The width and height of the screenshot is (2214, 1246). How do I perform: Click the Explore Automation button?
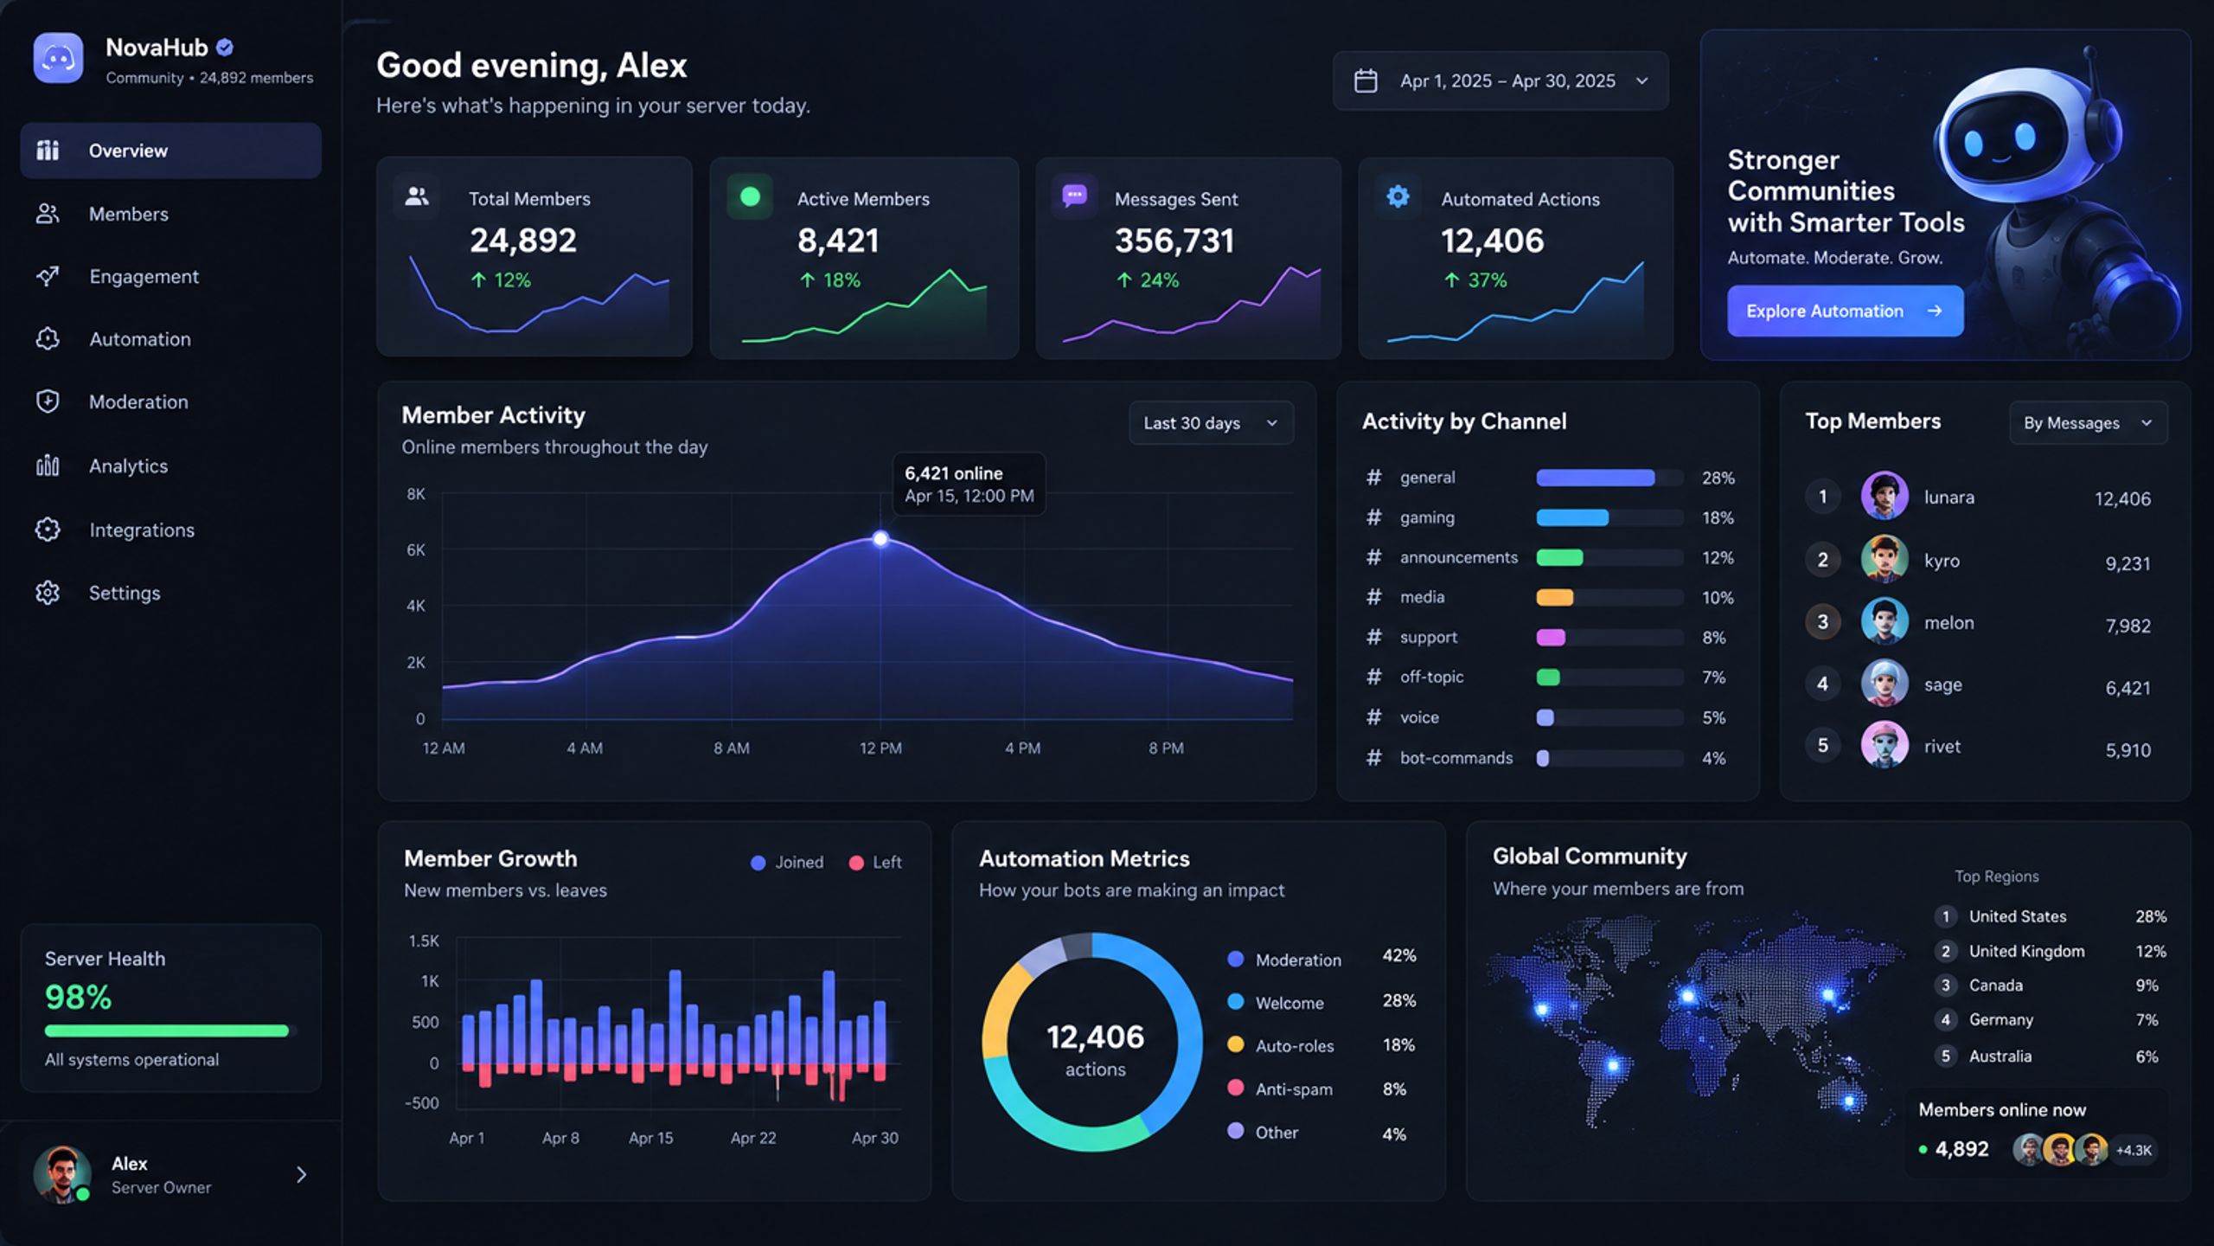(1845, 311)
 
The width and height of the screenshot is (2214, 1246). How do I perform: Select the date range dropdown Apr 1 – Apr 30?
(1501, 80)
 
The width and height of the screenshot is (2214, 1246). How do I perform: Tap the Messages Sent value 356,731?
(1174, 241)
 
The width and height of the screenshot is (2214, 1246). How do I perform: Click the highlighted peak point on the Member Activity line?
(880, 539)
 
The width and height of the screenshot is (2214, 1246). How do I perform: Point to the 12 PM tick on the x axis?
(880, 748)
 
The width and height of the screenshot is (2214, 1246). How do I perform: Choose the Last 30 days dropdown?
(1211, 423)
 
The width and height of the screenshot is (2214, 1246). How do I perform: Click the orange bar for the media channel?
(1554, 597)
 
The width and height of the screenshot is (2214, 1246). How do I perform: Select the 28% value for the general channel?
(1718, 478)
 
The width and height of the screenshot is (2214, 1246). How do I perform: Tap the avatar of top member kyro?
(1884, 559)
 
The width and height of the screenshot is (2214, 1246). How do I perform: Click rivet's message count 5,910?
(2128, 750)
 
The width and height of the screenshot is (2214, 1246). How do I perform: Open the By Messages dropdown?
(2088, 423)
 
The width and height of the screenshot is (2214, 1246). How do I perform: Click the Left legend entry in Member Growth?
(875, 863)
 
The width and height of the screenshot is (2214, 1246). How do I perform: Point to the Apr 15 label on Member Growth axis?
(650, 1138)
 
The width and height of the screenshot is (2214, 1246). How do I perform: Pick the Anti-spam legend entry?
(1281, 1089)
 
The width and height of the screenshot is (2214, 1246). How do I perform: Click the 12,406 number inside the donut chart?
(1095, 1037)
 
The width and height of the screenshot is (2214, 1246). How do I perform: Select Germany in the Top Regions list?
(2000, 1020)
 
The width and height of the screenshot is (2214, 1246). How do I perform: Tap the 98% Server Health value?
(78, 998)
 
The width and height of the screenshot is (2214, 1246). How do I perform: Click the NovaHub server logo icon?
(58, 58)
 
